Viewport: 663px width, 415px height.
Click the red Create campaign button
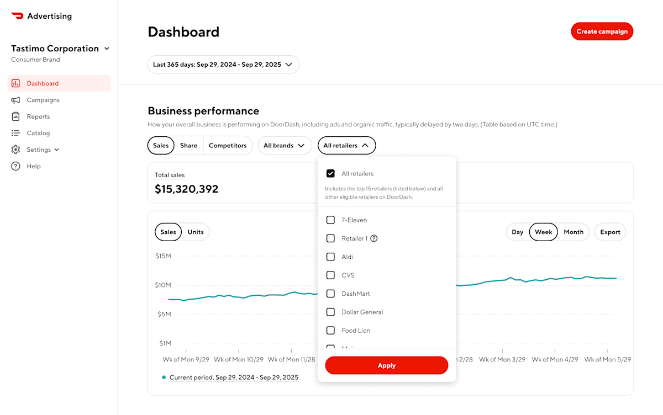pyautogui.click(x=602, y=31)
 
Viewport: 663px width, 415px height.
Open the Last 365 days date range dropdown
pyautogui.click(x=223, y=65)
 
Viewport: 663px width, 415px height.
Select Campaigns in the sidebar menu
pyautogui.click(x=43, y=100)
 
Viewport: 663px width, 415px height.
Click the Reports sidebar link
pyautogui.click(x=38, y=116)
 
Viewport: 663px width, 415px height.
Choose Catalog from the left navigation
pyautogui.click(x=38, y=133)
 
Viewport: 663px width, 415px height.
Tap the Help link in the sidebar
pyautogui.click(x=33, y=166)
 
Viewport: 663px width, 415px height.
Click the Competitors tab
pyautogui.click(x=228, y=146)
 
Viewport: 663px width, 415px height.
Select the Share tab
pyautogui.click(x=188, y=146)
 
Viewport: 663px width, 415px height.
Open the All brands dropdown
pyautogui.click(x=285, y=146)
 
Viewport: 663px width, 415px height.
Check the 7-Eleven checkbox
pyautogui.click(x=330, y=220)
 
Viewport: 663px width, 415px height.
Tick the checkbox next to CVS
pyautogui.click(x=330, y=275)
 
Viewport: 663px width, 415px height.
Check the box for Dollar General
pyautogui.click(x=330, y=312)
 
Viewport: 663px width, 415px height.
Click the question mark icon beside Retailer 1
pyautogui.click(x=374, y=238)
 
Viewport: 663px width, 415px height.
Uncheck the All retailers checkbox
pyautogui.click(x=330, y=173)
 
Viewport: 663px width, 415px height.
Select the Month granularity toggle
pyautogui.click(x=573, y=232)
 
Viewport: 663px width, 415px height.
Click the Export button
pyautogui.click(x=610, y=232)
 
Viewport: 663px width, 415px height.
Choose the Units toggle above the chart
pyautogui.click(x=196, y=232)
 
